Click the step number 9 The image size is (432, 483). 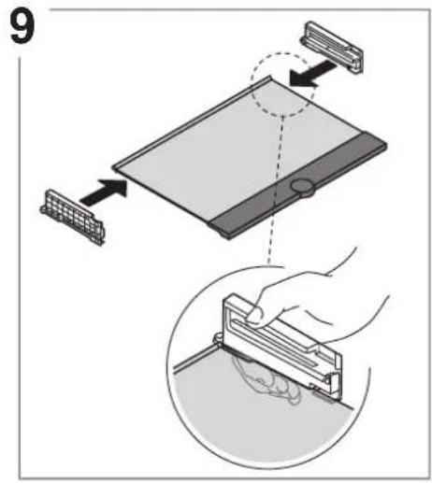22,27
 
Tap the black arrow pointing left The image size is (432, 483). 312,74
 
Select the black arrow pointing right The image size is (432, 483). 104,192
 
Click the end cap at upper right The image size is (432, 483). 332,48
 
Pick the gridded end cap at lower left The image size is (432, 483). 72,217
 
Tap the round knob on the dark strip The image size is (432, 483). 302,186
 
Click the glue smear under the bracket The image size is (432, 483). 266,378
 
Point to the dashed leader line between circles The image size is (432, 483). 276,191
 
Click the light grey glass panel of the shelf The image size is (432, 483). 237,149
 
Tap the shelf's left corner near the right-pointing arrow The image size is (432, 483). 114,167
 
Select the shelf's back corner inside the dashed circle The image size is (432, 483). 269,78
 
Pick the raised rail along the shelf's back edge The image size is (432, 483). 191,122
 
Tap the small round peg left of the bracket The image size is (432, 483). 218,338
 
